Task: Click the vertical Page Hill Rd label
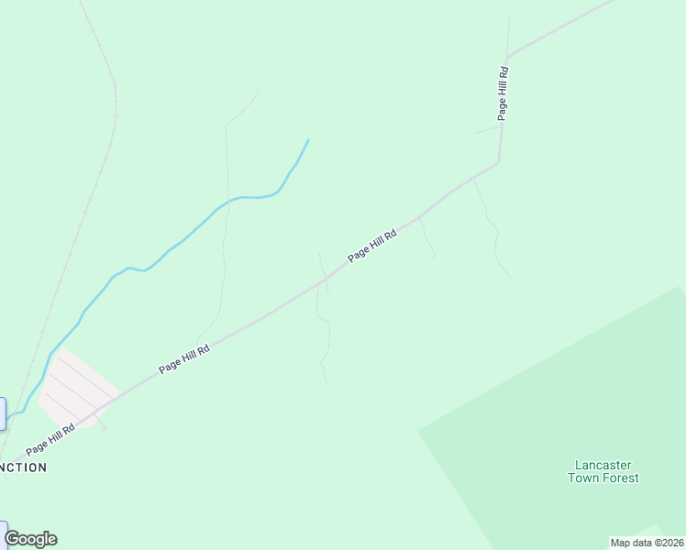click(x=503, y=93)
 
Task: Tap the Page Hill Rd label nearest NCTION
click(x=50, y=438)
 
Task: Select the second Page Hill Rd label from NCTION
click(x=184, y=358)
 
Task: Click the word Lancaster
click(x=603, y=465)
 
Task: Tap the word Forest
click(x=621, y=478)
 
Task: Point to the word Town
click(x=583, y=478)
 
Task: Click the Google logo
click(x=30, y=539)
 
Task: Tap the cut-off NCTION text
click(x=24, y=467)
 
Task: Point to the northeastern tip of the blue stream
click(x=308, y=140)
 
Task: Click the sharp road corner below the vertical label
click(x=498, y=163)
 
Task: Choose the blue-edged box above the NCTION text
click(x=2, y=413)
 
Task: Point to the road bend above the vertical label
click(x=507, y=57)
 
